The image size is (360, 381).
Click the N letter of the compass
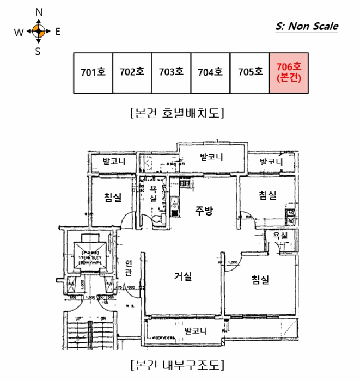pyautogui.click(x=39, y=12)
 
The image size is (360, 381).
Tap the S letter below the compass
pyautogui.click(x=38, y=52)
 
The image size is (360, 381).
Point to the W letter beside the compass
pyautogui.click(x=19, y=32)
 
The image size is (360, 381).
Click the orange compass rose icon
pyautogui.click(x=38, y=32)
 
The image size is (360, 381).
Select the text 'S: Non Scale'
pyautogui.click(x=307, y=26)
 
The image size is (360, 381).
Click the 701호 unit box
pyautogui.click(x=93, y=73)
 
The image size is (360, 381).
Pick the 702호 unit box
pyautogui.click(x=132, y=73)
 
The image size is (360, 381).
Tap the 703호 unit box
pyautogui.click(x=171, y=73)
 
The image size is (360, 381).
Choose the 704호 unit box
pyautogui.click(x=210, y=73)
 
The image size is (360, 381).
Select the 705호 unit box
pyautogui.click(x=249, y=73)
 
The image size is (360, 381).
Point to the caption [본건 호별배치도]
pyautogui.click(x=178, y=114)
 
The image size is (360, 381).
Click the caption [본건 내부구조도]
pyautogui.click(x=178, y=364)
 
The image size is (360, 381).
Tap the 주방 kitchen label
pyautogui.click(x=204, y=211)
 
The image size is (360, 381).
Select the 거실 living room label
pyautogui.click(x=182, y=276)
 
